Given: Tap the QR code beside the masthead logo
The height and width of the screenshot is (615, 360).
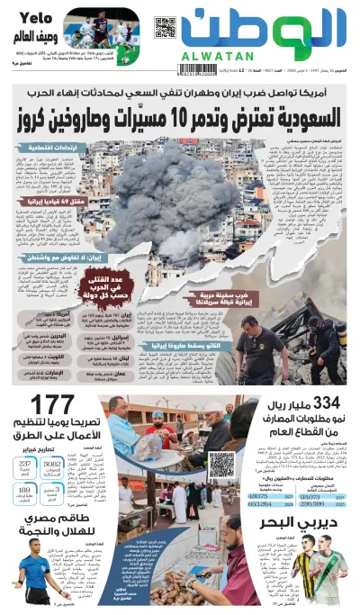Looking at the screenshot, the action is (165, 27).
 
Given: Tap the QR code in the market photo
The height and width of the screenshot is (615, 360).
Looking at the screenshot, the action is (220, 464).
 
